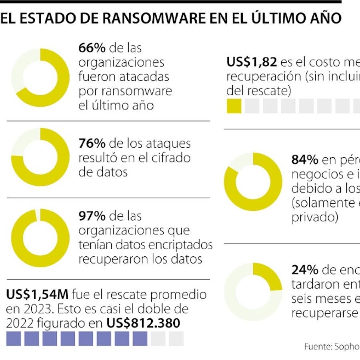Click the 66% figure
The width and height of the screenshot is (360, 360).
pyautogui.click(x=92, y=48)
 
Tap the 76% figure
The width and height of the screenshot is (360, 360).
pyautogui.click(x=92, y=143)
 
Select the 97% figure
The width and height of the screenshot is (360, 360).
pyautogui.click(x=92, y=216)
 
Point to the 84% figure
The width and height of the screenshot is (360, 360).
pyautogui.click(x=305, y=160)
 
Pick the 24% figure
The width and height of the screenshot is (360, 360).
pyautogui.click(x=304, y=270)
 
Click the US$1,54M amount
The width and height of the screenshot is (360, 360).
pyautogui.click(x=38, y=295)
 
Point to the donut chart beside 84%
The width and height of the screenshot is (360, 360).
pyautogui.click(x=253, y=182)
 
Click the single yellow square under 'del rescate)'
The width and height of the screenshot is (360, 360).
pyautogui.click(x=234, y=106)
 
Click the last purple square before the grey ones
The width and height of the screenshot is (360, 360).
pyautogui.click(x=140, y=339)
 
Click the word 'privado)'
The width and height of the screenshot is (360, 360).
pyautogui.click(x=315, y=217)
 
